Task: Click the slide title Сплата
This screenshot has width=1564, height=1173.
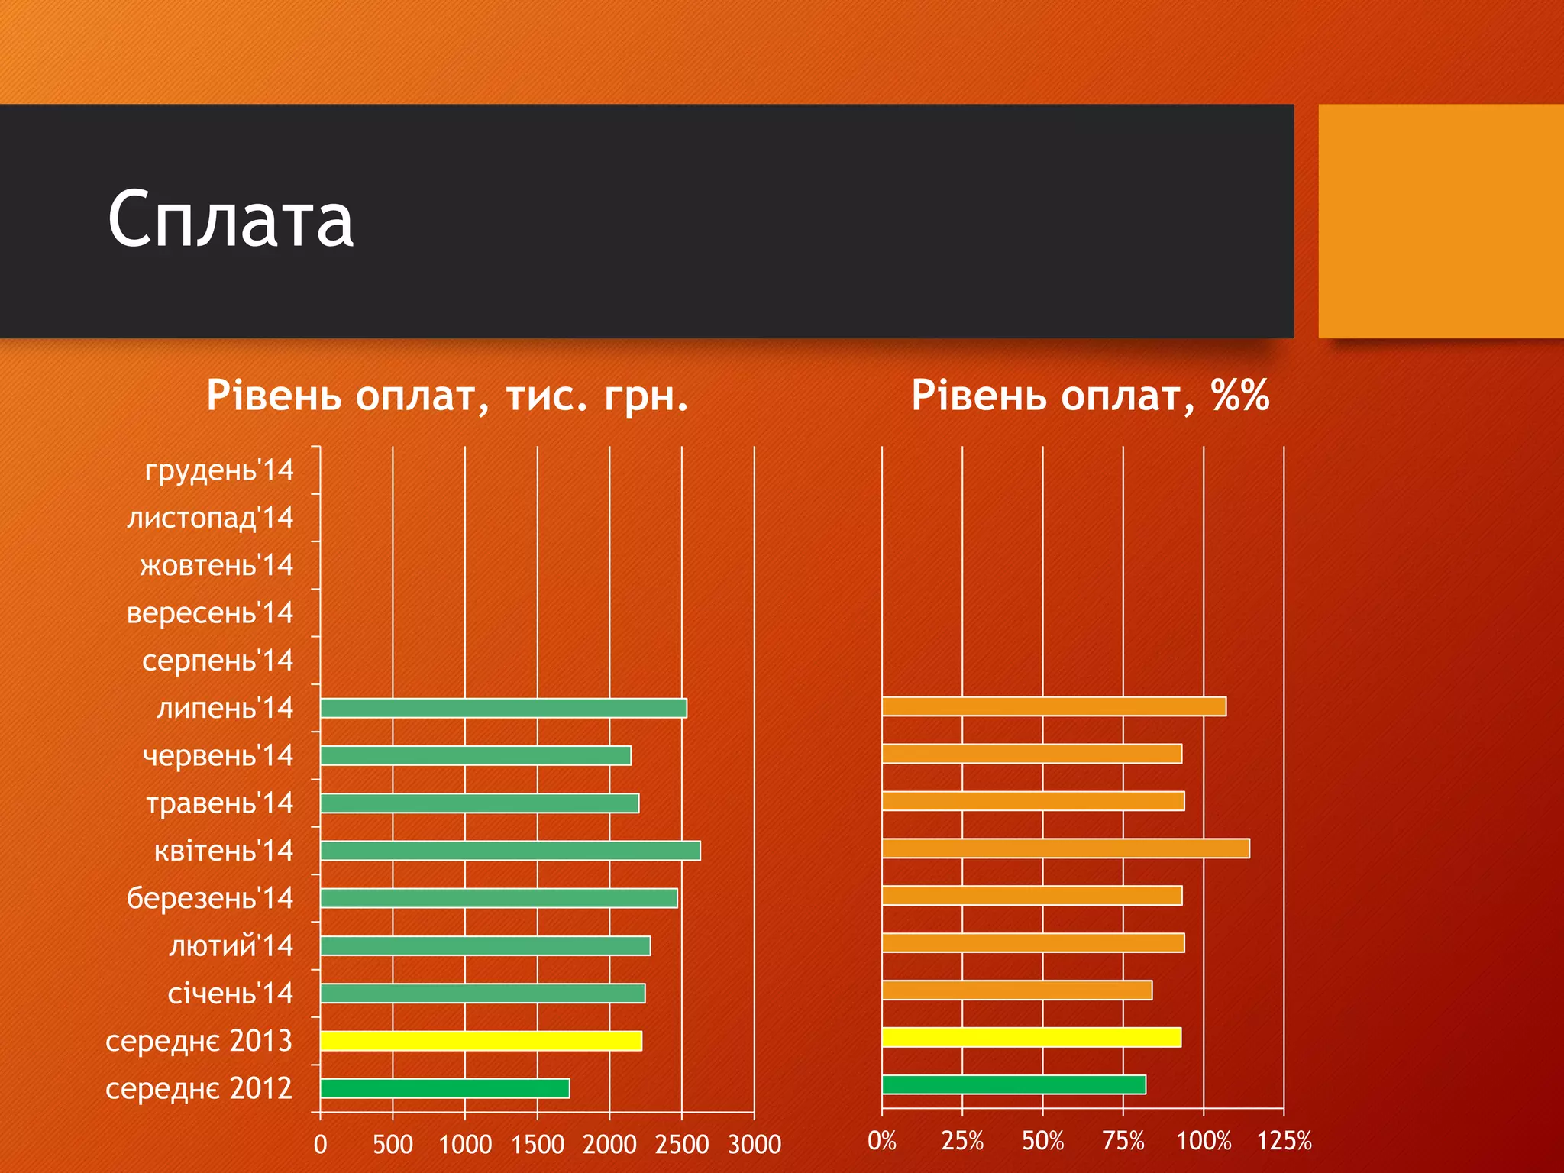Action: click(231, 219)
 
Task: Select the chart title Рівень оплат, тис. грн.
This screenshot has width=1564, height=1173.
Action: click(447, 396)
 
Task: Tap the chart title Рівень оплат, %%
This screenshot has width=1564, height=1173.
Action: click(1090, 396)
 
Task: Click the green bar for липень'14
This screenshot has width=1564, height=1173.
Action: click(503, 708)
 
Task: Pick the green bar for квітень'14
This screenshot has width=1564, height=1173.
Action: click(510, 851)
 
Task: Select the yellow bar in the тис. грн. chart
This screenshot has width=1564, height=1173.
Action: click(481, 1041)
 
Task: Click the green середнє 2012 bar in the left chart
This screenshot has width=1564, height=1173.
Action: click(445, 1088)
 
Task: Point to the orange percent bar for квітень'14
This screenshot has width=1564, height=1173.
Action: click(1065, 848)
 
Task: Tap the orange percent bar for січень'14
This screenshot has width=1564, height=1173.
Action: click(1016, 990)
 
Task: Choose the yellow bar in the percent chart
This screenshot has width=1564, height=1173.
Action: click(1031, 1037)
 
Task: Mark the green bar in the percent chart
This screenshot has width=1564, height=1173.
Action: click(1013, 1084)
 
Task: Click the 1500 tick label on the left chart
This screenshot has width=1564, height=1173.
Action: click(538, 1144)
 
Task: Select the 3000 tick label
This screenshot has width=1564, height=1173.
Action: click(755, 1144)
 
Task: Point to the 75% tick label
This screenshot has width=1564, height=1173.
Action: click(1123, 1141)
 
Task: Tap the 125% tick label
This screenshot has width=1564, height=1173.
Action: click(1284, 1141)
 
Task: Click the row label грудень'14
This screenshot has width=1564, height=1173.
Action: click(219, 470)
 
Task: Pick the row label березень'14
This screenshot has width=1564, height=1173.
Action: click(210, 898)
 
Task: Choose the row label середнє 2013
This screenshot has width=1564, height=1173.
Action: click(199, 1041)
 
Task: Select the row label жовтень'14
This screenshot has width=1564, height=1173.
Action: click(217, 566)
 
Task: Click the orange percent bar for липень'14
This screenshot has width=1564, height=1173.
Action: click(1054, 706)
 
